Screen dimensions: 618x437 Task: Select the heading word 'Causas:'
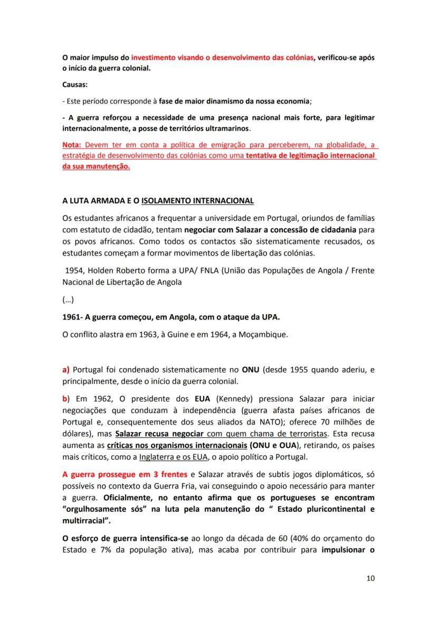pyautogui.click(x=75, y=85)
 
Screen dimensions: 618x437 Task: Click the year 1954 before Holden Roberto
pyautogui.click(x=75, y=269)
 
